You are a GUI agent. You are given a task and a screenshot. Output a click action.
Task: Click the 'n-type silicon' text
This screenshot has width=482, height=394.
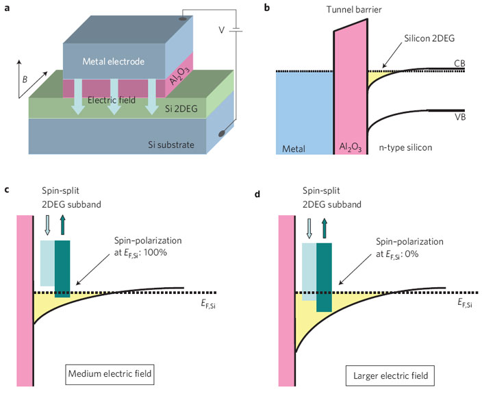(x=406, y=147)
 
